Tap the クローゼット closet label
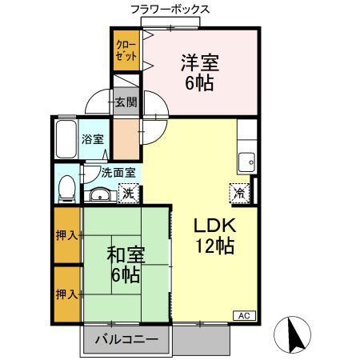[125, 50]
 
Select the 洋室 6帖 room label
[200, 71]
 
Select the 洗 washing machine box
[127, 192]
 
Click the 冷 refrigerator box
[238, 192]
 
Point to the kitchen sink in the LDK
[246, 157]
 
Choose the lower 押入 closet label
[67, 294]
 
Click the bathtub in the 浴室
[66, 141]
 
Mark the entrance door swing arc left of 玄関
[98, 101]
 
